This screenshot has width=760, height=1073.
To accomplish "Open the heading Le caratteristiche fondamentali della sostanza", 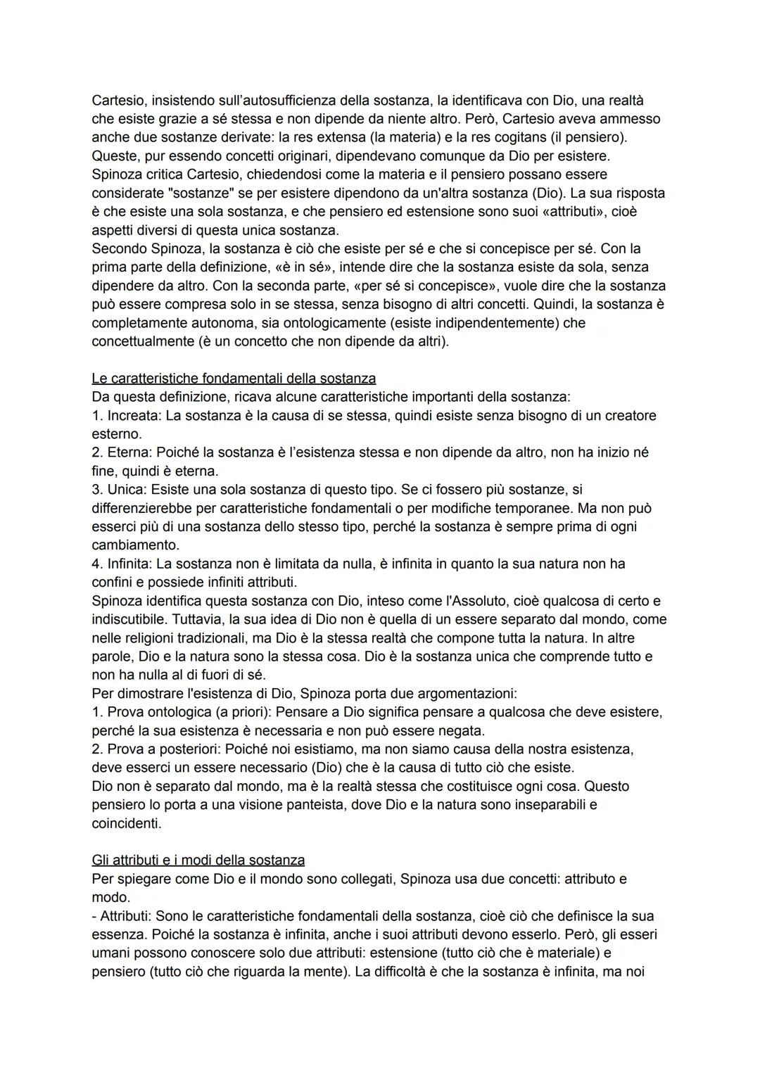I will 234,379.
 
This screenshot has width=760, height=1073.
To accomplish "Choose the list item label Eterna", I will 129,452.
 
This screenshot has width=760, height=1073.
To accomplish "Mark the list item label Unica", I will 127,489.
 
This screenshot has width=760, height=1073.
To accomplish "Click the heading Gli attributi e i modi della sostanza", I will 198,860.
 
